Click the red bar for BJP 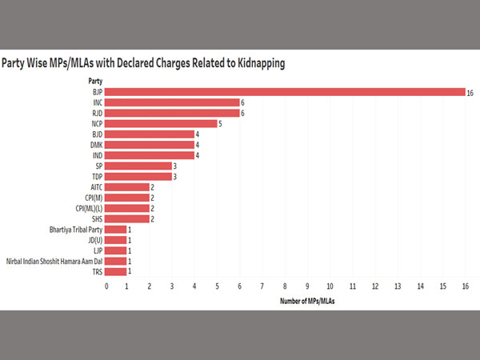(x=284, y=92)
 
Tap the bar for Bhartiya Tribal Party (x=115, y=229)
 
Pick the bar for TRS (x=115, y=271)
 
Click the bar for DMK (x=149, y=144)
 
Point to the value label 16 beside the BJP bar (x=471, y=92)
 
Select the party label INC (x=96, y=102)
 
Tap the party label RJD (x=96, y=113)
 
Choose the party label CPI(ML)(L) (x=85, y=208)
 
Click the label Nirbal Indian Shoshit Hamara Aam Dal (x=54, y=261)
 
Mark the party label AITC (x=94, y=186)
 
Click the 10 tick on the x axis (x=330, y=285)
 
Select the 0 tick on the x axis (x=105, y=285)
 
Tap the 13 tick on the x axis (x=398, y=285)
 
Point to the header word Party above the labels (x=94, y=80)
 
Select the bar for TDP (x=138, y=176)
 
